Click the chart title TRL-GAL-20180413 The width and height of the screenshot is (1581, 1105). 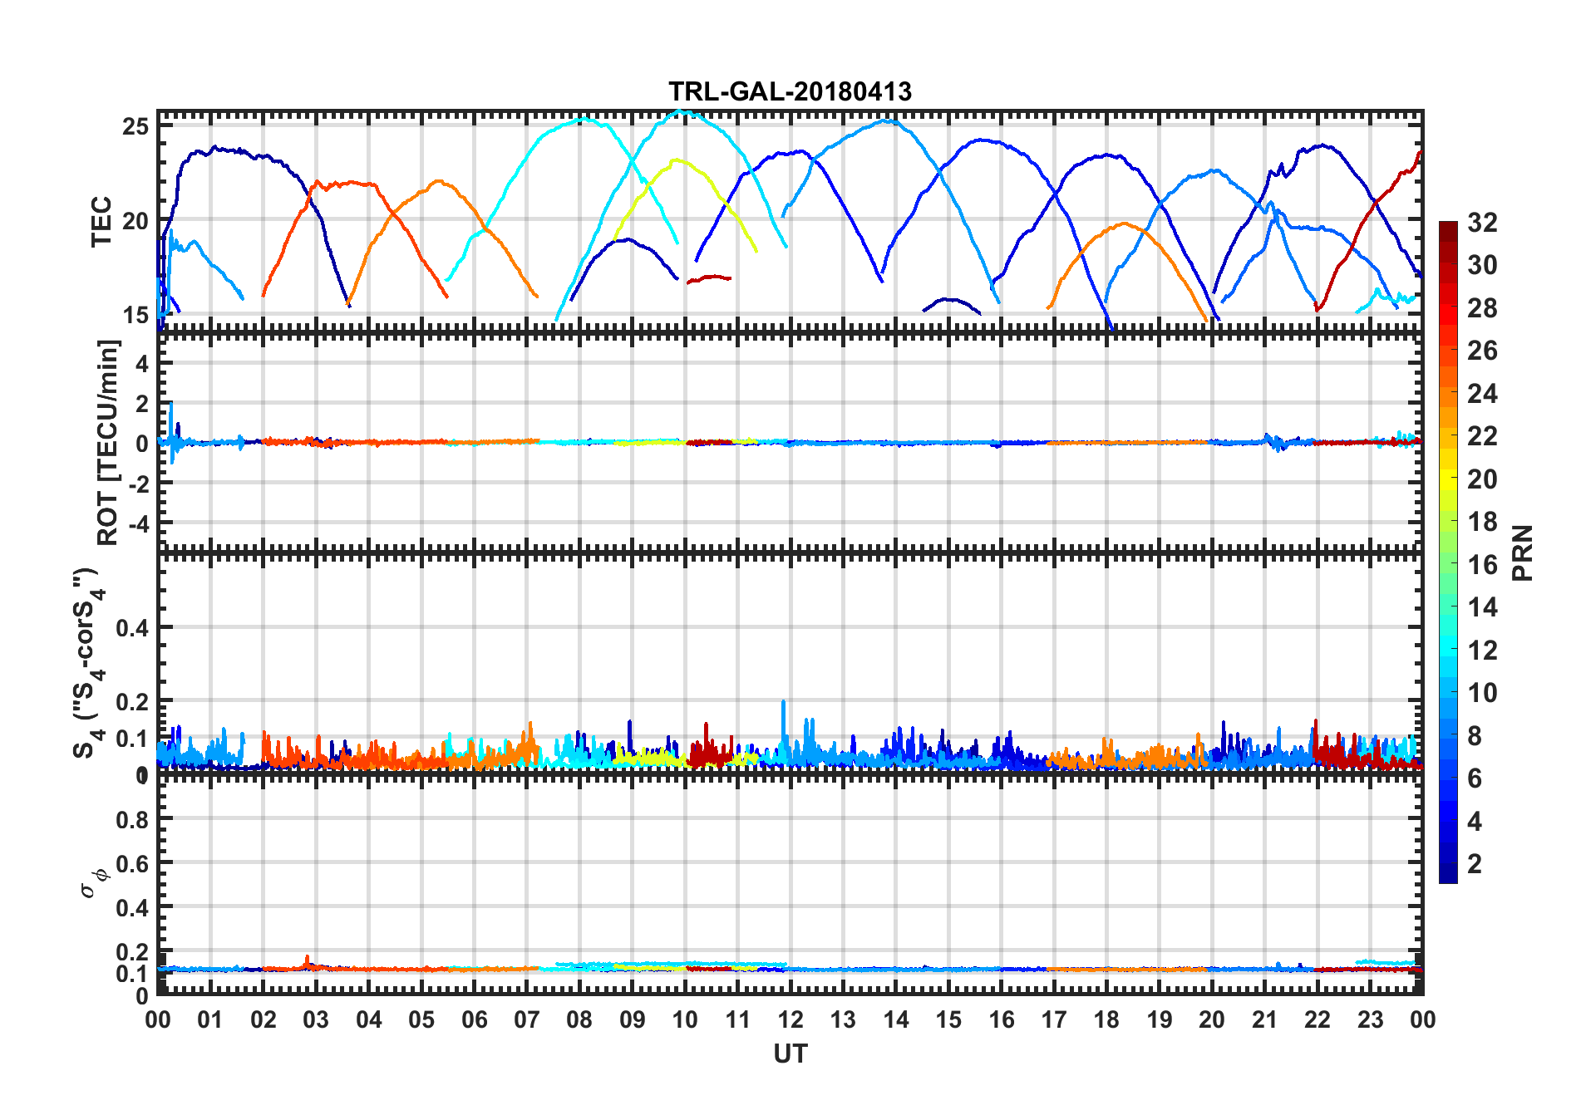click(790, 91)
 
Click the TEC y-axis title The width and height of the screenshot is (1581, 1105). click(101, 221)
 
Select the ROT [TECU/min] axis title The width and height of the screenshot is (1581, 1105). click(109, 442)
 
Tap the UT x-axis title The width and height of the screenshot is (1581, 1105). click(790, 1053)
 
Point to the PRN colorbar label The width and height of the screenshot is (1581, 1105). click(1523, 552)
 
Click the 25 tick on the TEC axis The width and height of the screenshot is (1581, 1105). click(135, 127)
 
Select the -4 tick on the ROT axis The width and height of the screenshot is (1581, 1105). click(138, 523)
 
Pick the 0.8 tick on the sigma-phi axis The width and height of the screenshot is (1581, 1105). click(132, 819)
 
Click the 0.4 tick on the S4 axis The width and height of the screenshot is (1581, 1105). click(132, 628)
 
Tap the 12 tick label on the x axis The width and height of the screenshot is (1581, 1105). click(790, 1020)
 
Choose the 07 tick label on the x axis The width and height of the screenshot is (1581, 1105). click(526, 1020)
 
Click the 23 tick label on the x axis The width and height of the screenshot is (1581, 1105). click(1370, 1020)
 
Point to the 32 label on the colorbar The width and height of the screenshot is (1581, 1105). click(1482, 223)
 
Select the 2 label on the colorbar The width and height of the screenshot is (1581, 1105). click(1475, 864)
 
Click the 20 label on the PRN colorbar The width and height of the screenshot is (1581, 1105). click(1482, 479)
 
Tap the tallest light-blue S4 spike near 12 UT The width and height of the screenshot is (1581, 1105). click(783, 702)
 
